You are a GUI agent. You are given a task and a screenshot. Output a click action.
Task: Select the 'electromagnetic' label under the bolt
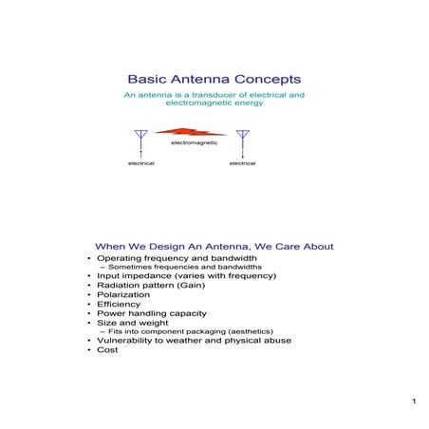(194, 142)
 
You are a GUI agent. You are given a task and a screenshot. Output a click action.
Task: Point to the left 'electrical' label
(141, 163)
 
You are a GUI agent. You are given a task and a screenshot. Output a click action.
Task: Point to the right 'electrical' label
(243, 163)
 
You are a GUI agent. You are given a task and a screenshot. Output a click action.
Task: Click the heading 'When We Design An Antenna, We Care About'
(214, 247)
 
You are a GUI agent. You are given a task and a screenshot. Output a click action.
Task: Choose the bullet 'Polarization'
(123, 295)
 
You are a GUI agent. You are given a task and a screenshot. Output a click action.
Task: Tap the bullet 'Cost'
(107, 349)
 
